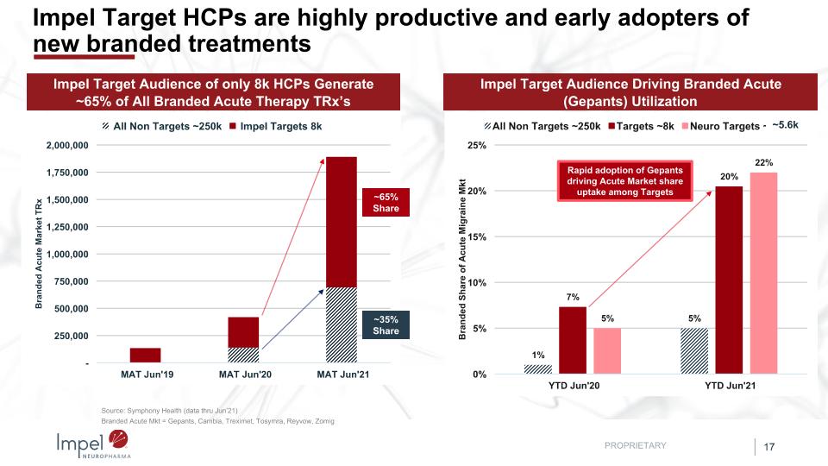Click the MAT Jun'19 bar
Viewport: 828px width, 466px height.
(x=146, y=355)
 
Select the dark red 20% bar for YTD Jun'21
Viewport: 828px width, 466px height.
(x=729, y=280)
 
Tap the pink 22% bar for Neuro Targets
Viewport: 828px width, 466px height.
(x=763, y=273)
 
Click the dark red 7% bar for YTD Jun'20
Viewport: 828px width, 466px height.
(x=573, y=340)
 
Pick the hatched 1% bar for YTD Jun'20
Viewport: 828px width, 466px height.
(x=537, y=369)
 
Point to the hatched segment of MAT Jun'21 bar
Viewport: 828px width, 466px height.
(x=342, y=324)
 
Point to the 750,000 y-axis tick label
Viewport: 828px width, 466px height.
(x=70, y=281)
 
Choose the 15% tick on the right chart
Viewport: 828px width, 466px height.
(x=475, y=236)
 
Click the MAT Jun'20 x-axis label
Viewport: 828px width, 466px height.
(x=244, y=375)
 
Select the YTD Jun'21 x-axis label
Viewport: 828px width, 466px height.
(x=729, y=385)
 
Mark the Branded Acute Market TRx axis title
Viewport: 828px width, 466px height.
(x=39, y=256)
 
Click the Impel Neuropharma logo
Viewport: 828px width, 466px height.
(x=91, y=444)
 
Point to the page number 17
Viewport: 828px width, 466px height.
(x=769, y=446)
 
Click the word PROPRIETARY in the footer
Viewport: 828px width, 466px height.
(x=636, y=445)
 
